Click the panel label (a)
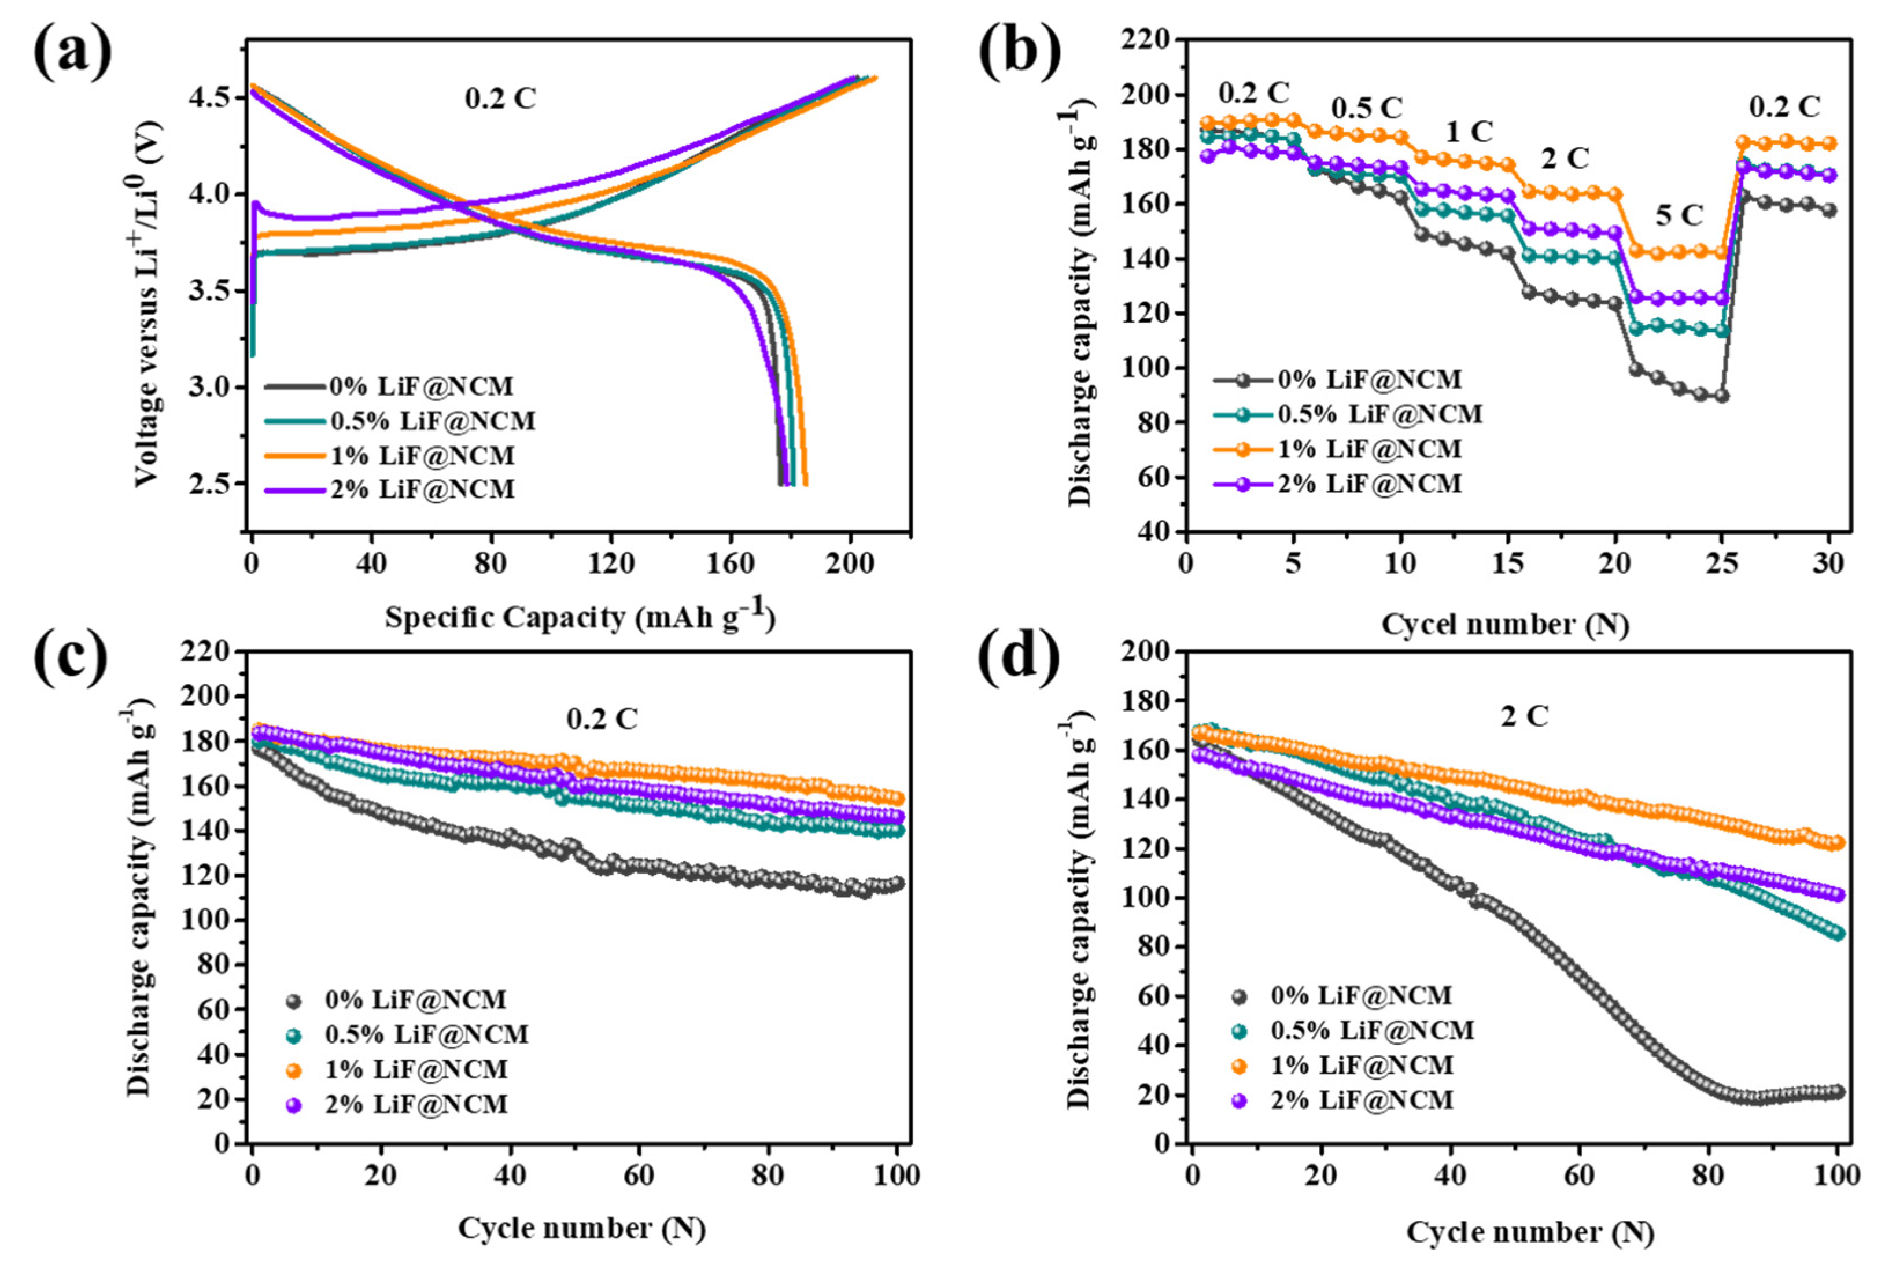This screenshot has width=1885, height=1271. pyautogui.click(x=73, y=51)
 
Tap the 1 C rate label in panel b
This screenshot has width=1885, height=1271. pyautogui.click(x=1469, y=131)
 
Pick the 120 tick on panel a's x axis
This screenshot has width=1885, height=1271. pyautogui.click(x=610, y=562)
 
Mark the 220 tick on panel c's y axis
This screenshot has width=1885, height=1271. pyautogui.click(x=208, y=652)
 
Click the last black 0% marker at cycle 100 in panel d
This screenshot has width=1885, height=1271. pyautogui.click(x=1837, y=1092)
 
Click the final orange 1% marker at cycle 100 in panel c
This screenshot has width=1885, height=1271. pyautogui.click(x=897, y=798)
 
